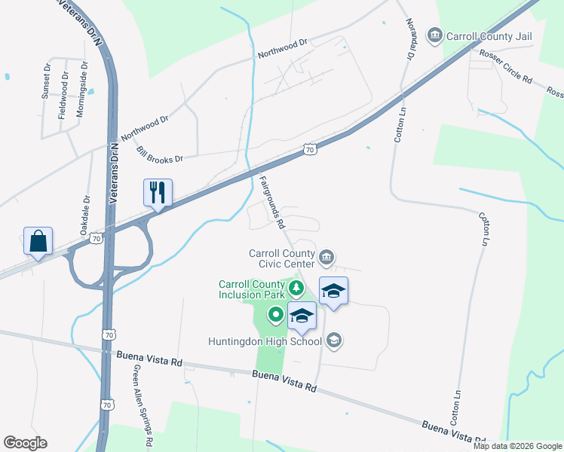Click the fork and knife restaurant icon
pyautogui.click(x=158, y=192)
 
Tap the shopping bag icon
pyautogui.click(x=38, y=241)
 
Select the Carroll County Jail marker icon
pyautogui.click(x=434, y=35)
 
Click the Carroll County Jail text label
pyautogui.click(x=489, y=36)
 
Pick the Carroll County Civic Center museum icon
pyautogui.click(x=326, y=258)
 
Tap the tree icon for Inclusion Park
pyautogui.click(x=297, y=287)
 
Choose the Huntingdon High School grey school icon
pyautogui.click(x=335, y=341)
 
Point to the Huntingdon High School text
pyautogui.click(x=265, y=341)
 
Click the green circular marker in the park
pyautogui.click(x=276, y=315)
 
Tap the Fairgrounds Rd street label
pyautogui.click(x=272, y=202)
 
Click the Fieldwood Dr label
pyautogui.click(x=63, y=95)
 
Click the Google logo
pyautogui.click(x=26, y=443)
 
